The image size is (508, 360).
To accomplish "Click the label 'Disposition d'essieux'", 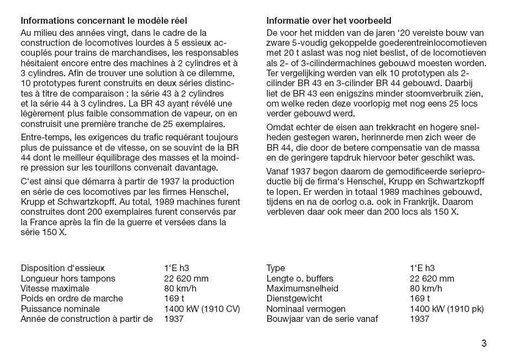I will pyautogui.click(x=63, y=268).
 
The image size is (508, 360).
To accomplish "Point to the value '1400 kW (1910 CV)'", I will pyautogui.click(x=202, y=309).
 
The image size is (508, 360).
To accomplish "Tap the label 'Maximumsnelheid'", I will pyautogui.click(x=302, y=288).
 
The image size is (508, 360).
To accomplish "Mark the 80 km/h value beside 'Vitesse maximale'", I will pyautogui.click(x=180, y=288).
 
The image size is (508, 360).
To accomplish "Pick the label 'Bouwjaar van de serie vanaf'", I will pyautogui.click(x=321, y=319).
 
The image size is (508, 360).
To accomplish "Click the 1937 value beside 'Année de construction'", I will pyautogui.click(x=173, y=319).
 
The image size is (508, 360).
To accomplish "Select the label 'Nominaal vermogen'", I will pyautogui.click(x=306, y=309).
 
